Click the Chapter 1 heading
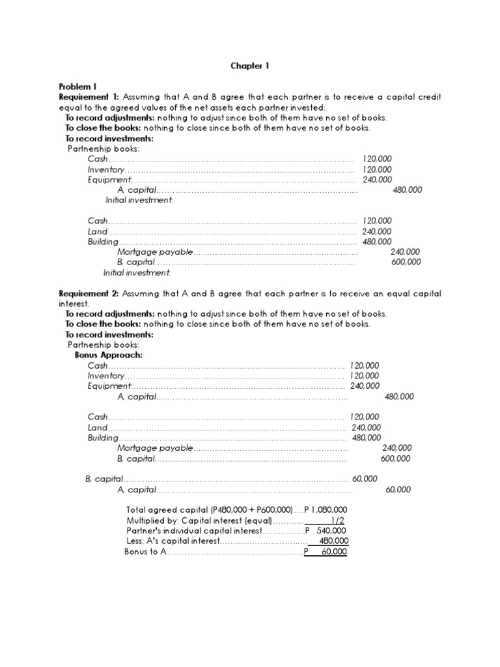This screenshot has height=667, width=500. tap(250, 66)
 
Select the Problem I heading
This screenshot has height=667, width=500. tap(77, 87)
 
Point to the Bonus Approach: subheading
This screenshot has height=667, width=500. tap(108, 355)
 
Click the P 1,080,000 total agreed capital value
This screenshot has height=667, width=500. tap(326, 509)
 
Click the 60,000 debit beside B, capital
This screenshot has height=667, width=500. tap(365, 479)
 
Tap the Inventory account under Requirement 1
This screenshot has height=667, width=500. tap(105, 169)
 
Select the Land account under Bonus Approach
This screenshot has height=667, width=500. tap(96, 427)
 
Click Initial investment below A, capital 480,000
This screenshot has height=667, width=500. tap(139, 200)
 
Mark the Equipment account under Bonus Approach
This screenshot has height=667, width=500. tap(109, 386)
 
